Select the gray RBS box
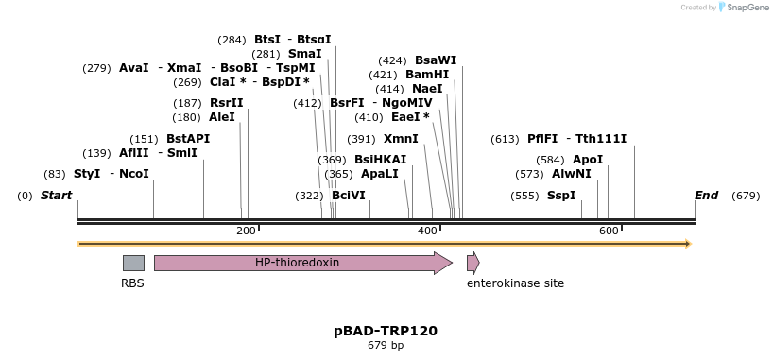133,263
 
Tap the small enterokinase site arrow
472,263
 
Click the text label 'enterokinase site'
515,283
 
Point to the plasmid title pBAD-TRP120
386,331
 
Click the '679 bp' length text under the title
386,346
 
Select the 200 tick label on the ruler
246,231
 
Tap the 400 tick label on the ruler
427,231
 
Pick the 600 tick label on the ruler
609,231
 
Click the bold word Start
56,196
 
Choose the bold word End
706,196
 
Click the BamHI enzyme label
427,75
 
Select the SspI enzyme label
561,196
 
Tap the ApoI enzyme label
588,160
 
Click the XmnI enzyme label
401,139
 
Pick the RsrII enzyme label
226,103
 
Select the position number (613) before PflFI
506,139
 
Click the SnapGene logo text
747,8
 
